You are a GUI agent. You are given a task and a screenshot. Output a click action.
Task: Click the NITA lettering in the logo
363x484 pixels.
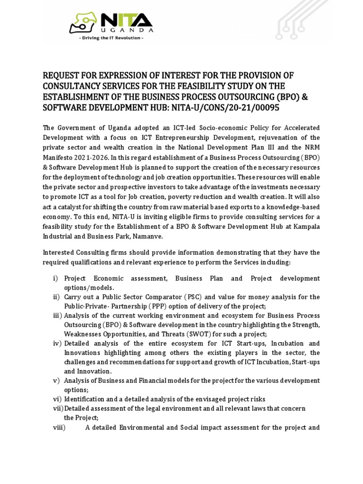[x=125, y=22]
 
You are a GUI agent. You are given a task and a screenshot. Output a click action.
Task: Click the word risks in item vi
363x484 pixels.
[x=255, y=399]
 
